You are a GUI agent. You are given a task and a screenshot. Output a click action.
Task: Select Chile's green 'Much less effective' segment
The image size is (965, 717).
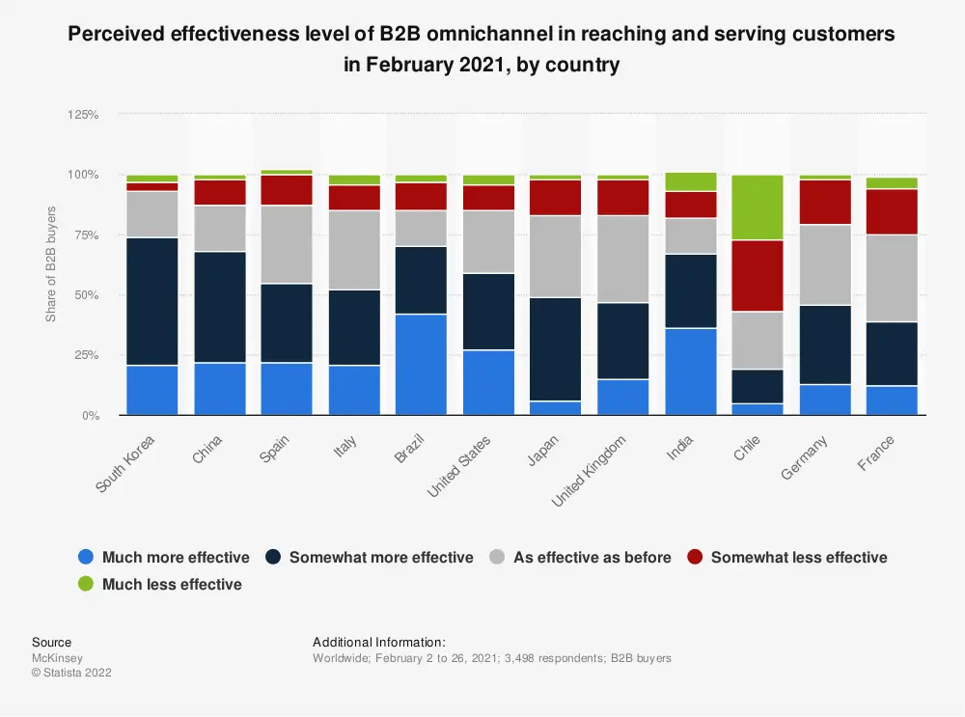coord(758,207)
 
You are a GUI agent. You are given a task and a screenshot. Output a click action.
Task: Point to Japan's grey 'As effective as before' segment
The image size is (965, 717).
coord(556,256)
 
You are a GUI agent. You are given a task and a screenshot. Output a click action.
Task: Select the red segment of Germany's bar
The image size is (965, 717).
coord(825,202)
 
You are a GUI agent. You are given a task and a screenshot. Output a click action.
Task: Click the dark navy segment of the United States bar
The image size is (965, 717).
coord(488,311)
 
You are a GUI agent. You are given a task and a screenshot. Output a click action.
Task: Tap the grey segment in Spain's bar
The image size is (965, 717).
coord(287,244)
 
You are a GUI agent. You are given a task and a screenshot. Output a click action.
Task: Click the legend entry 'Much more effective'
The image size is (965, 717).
coord(164,557)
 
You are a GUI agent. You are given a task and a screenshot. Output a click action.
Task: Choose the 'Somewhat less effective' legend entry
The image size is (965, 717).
coord(786,557)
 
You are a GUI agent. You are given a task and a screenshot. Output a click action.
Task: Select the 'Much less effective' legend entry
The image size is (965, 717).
coord(159,584)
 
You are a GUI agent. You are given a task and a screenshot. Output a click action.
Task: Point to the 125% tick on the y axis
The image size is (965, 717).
coord(83,114)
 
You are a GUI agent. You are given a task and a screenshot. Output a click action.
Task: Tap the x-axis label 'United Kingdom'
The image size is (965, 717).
coord(590,472)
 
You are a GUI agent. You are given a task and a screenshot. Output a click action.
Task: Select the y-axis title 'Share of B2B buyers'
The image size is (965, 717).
coord(51,263)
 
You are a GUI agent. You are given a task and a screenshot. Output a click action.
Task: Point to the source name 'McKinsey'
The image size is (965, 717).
coord(57,658)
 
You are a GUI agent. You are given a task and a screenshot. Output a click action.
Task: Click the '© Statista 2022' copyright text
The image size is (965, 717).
coord(71,673)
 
